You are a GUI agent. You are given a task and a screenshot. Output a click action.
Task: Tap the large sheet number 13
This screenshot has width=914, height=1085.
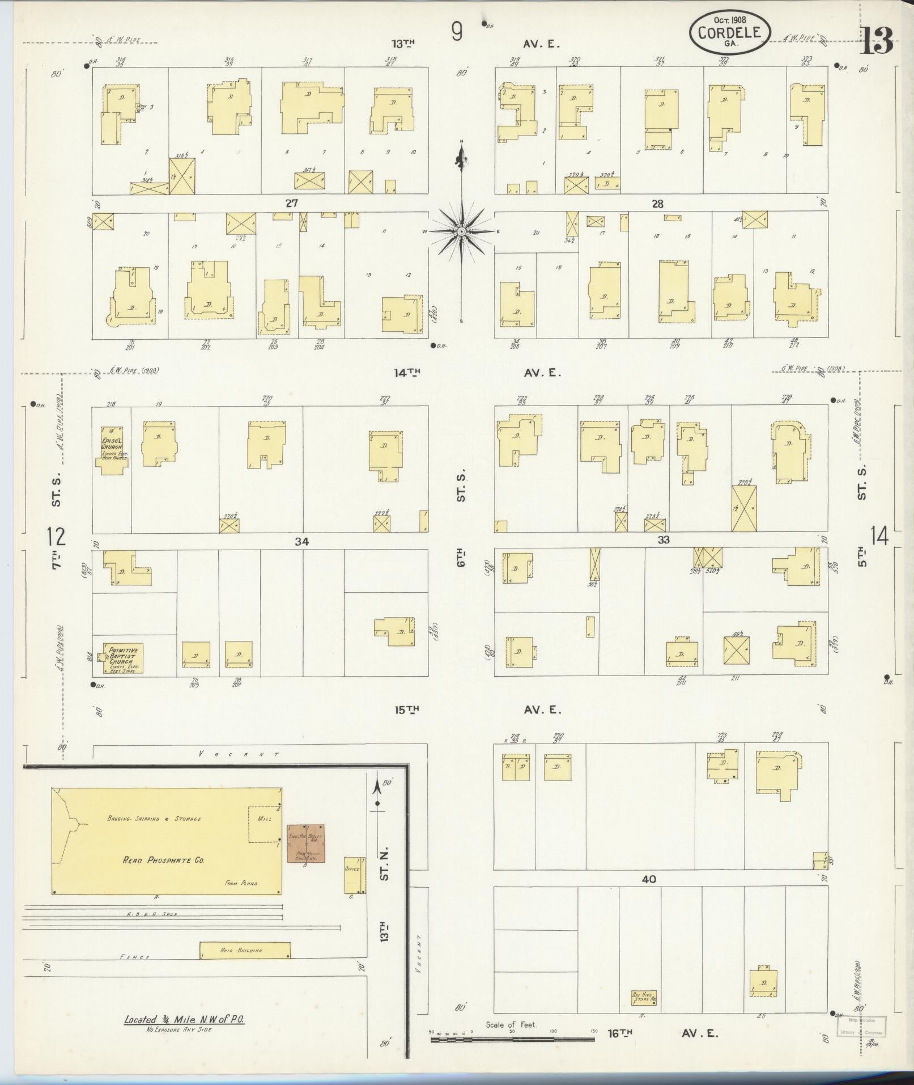pyautogui.click(x=877, y=40)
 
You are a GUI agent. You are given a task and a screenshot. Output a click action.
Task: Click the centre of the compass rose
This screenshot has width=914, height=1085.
pyautogui.click(x=462, y=231)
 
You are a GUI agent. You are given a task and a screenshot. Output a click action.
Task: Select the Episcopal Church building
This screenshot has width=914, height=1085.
pyautogui.click(x=112, y=450)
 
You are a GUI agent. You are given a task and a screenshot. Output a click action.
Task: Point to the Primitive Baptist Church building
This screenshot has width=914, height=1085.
pyautogui.click(x=123, y=657)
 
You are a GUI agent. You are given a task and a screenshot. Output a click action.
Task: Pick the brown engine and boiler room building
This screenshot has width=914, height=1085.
pyautogui.click(x=306, y=843)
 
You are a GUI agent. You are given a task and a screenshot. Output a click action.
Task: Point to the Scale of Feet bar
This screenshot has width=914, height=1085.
pyautogui.click(x=512, y=1039)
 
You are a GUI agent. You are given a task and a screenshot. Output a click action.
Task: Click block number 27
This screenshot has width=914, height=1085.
pyautogui.click(x=291, y=203)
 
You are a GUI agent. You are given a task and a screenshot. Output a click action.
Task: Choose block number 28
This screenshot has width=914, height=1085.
pyautogui.click(x=657, y=204)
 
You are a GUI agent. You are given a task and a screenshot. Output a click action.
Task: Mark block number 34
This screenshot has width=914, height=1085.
pyautogui.click(x=301, y=542)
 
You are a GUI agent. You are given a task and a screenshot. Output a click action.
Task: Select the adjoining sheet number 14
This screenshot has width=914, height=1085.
pyautogui.click(x=879, y=536)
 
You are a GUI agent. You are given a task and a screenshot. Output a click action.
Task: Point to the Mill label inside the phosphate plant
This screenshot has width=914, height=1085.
pyautogui.click(x=265, y=819)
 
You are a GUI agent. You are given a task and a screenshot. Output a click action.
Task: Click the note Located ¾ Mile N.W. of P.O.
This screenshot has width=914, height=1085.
pyautogui.click(x=185, y=1020)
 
